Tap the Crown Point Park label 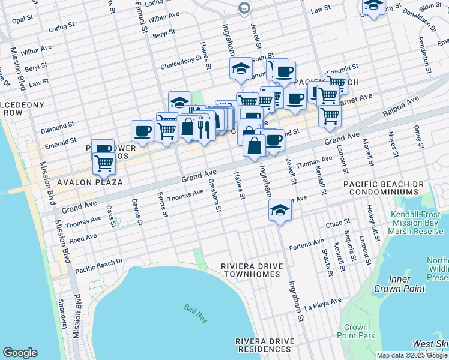tap(356, 332)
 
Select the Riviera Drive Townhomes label tap(250, 269)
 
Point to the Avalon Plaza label tap(90, 182)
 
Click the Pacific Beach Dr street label tap(98, 265)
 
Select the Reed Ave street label tap(83, 238)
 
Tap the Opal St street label tap(22, 20)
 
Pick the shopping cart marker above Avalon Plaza tap(104, 163)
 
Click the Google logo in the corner tap(20, 353)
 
